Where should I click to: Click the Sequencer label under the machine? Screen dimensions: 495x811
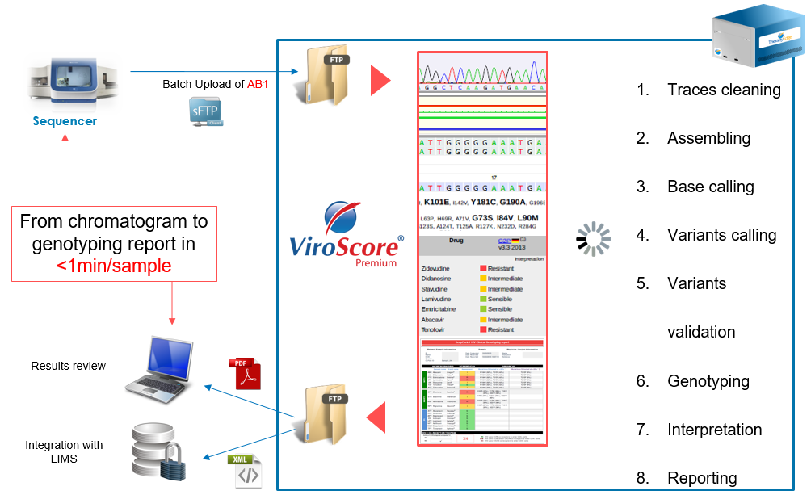click(x=65, y=121)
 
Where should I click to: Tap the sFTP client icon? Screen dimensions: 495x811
click(x=204, y=111)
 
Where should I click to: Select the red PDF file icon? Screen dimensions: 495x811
click(x=248, y=374)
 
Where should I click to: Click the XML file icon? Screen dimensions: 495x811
click(x=248, y=471)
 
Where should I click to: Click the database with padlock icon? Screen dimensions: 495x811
click(x=160, y=455)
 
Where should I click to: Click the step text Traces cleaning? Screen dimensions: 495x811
click(x=724, y=90)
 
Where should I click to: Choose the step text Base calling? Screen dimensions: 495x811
click(x=710, y=187)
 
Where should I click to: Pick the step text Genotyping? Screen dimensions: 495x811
click(x=708, y=381)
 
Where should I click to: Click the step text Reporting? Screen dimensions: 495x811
click(x=702, y=478)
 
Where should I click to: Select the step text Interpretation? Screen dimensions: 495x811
click(x=714, y=430)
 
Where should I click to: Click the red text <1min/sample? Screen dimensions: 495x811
click(x=114, y=265)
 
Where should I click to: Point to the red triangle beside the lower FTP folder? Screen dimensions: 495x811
click(x=375, y=417)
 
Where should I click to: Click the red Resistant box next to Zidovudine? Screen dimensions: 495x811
click(x=483, y=267)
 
